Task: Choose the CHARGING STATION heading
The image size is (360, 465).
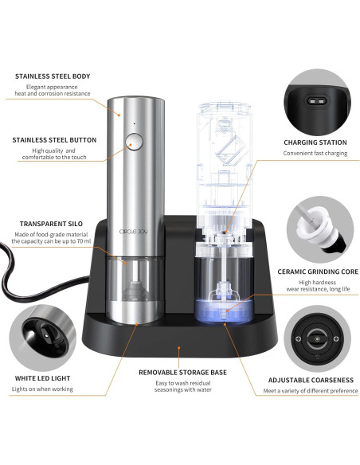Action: pyautogui.click(x=315, y=143)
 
